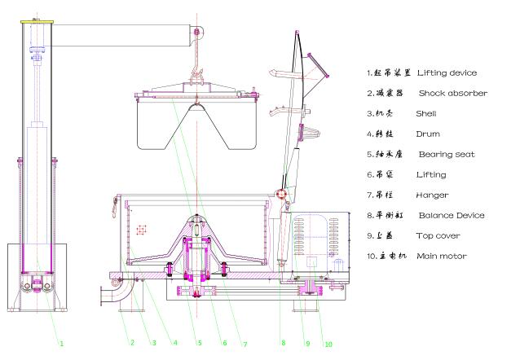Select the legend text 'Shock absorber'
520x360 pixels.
pos(453,93)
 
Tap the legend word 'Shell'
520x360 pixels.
pos(426,113)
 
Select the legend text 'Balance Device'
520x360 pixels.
pos(452,215)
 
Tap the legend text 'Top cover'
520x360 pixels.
pos(438,235)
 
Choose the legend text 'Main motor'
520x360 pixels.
pos(442,257)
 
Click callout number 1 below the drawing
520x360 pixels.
pos(61,343)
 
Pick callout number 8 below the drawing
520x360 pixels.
pos(283,342)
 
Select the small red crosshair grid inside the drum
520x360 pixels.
pos(142,230)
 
